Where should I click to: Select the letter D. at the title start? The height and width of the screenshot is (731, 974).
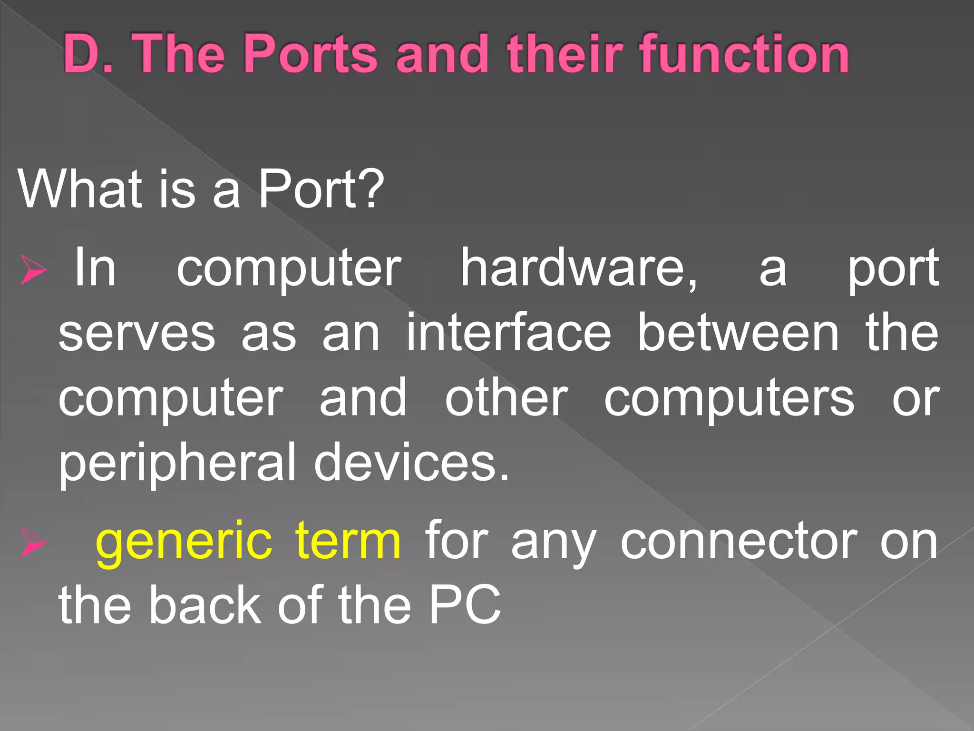pos(88,53)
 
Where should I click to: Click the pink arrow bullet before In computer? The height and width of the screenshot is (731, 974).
pos(33,269)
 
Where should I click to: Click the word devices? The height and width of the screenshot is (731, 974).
pos(411,462)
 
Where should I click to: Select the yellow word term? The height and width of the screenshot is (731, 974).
pos(348,541)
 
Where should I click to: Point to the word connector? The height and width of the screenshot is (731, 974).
pos(739,541)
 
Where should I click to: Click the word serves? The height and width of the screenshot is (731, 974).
pos(137,333)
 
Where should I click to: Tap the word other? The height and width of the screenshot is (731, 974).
pos(506,397)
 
